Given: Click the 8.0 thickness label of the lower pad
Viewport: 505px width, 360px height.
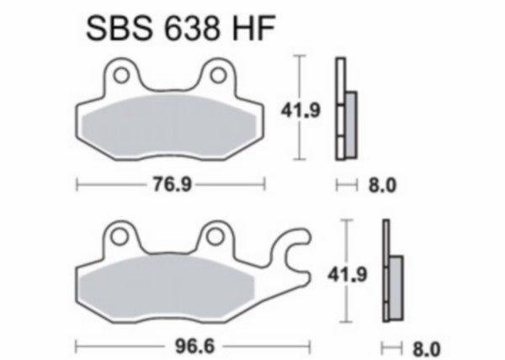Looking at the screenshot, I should click(x=427, y=346).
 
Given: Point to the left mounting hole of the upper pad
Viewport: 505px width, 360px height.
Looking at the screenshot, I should click(x=121, y=77).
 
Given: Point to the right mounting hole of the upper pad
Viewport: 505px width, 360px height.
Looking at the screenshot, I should click(x=221, y=77).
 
